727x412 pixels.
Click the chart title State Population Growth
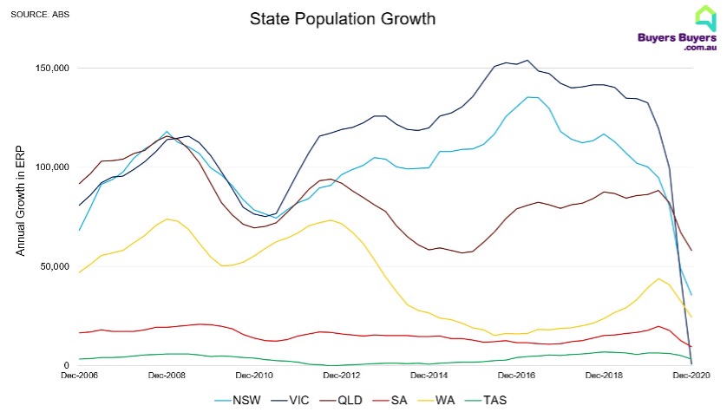point(342,18)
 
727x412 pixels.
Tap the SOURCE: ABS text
point(40,14)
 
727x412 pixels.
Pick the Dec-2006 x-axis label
point(79,376)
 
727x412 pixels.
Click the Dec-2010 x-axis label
point(254,376)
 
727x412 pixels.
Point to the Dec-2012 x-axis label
point(342,376)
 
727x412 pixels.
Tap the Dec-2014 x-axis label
point(429,376)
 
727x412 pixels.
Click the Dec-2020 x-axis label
point(691,376)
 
